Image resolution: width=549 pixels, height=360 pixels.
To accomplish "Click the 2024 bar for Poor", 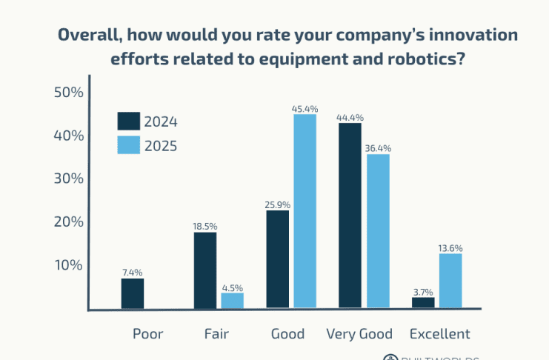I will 133,293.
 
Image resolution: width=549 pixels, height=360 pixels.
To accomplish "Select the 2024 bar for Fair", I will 205,270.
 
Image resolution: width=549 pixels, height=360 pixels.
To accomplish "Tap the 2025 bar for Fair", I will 232,300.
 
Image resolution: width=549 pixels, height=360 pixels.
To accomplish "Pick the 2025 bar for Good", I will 305,211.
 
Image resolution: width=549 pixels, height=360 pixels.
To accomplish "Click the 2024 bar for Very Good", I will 350,216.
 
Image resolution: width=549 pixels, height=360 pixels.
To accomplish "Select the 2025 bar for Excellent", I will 450,281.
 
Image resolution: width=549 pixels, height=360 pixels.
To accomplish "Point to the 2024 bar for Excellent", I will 423,302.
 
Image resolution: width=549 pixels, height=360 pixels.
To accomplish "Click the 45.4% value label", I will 305,109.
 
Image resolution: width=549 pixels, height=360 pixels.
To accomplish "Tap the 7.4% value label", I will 133,273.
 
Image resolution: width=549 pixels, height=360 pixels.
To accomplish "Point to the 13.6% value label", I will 450,248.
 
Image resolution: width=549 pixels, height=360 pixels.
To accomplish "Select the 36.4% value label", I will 378,148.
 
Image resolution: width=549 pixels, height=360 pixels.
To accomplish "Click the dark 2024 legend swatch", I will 129,121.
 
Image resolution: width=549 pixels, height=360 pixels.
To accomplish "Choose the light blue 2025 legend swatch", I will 129,144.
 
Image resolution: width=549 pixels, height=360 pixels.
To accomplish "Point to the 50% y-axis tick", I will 69,93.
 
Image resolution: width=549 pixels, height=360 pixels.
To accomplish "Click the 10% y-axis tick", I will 69,265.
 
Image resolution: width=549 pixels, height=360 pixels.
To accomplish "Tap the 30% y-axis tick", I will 69,179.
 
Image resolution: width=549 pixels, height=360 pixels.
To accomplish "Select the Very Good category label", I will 359,334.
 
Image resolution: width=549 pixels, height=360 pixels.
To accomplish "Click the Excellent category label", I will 440,334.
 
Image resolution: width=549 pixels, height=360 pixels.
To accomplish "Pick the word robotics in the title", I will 425,59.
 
